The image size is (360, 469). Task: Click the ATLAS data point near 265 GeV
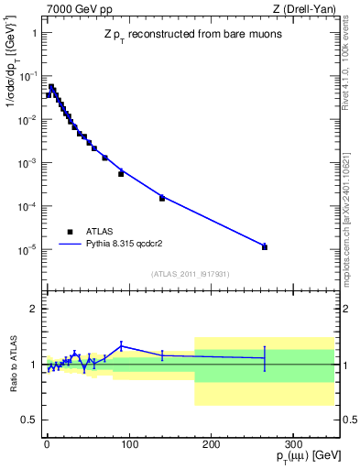tap(264, 246)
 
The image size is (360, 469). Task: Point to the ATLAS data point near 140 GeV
tap(161, 198)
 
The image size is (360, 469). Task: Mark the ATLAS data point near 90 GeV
tap(121, 173)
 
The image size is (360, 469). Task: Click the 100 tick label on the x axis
tap(128, 442)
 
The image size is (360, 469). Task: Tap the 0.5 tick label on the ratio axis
tap(27, 420)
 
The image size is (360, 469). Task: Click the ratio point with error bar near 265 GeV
tap(264, 358)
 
